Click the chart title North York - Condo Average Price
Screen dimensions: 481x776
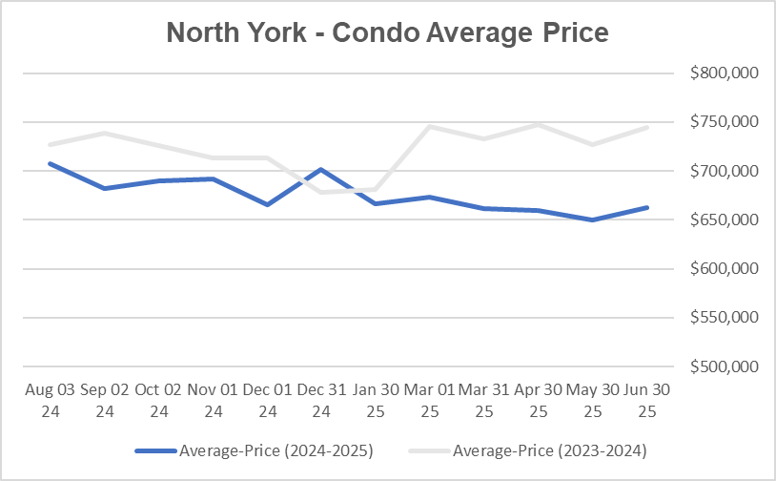387,33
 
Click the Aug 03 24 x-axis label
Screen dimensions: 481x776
50,402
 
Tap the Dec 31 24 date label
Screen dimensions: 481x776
321,402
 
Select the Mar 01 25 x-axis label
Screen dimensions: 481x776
430,402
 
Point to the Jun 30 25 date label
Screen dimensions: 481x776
647,402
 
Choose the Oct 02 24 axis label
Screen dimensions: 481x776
158,402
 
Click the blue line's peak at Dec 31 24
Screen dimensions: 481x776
321,169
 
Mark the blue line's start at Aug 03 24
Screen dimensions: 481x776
50,163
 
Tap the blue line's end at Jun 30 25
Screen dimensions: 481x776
647,207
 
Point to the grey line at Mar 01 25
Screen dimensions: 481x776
430,127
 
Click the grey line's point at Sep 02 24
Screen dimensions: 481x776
104,133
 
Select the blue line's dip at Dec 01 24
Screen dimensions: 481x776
267,204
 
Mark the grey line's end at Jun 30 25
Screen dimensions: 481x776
647,127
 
